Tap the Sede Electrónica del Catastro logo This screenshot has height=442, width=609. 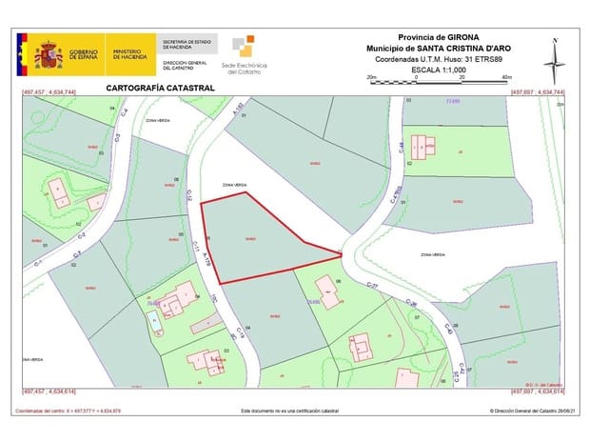coord(244,54)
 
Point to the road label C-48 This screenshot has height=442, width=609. coord(403,149)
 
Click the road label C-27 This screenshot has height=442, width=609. coord(373,286)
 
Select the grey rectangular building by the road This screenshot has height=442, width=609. coord(204,325)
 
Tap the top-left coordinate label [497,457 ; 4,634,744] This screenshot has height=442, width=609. coord(49,92)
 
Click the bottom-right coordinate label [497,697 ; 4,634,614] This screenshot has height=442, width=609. coord(538,392)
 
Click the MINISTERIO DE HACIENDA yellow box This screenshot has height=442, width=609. coord(130,54)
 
